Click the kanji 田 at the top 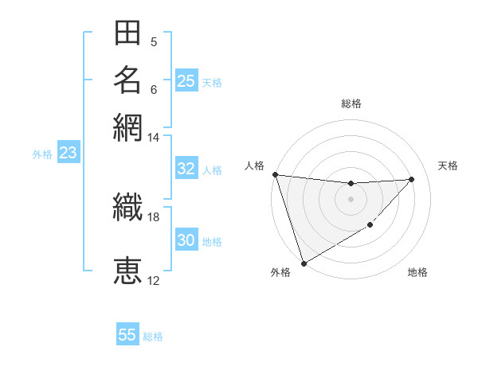pyautogui.click(x=127, y=33)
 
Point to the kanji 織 pyautogui.click(x=127, y=208)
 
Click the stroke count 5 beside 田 pyautogui.click(x=154, y=42)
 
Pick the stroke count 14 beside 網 pyautogui.click(x=154, y=138)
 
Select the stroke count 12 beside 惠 pyautogui.click(x=154, y=281)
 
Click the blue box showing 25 pyautogui.click(x=186, y=81)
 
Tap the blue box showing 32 pyautogui.click(x=186, y=169)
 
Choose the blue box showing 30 pyautogui.click(x=186, y=240)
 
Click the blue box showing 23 pyautogui.click(x=68, y=153)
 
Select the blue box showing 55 pyautogui.click(x=127, y=335)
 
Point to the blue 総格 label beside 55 pyautogui.click(x=154, y=337)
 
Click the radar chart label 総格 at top pyautogui.click(x=351, y=103)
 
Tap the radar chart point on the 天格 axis pyautogui.click(x=412, y=179)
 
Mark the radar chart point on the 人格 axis pyautogui.click(x=275, y=174)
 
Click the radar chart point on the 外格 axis pyautogui.click(x=304, y=263)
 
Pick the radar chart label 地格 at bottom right pyautogui.click(x=417, y=273)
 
